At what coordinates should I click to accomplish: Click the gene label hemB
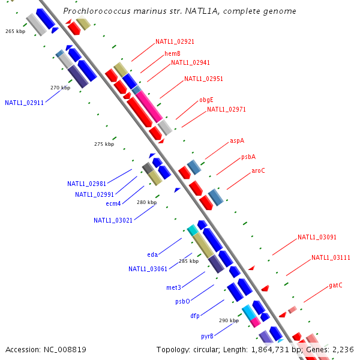(x=172, y=53)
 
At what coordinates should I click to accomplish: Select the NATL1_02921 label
(x=175, y=42)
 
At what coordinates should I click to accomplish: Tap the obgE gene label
(x=206, y=100)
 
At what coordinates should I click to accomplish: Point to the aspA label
(x=237, y=141)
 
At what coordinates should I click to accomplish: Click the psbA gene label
(x=248, y=157)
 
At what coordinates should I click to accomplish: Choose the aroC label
(x=258, y=170)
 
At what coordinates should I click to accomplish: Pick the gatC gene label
(x=335, y=285)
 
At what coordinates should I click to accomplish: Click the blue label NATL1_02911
(x=24, y=103)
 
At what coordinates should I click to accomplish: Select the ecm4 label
(x=113, y=203)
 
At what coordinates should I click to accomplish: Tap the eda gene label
(x=152, y=254)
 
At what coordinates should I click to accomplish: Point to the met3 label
(x=173, y=287)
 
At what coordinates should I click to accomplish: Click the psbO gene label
(x=182, y=301)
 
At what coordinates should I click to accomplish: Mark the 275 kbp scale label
(x=104, y=144)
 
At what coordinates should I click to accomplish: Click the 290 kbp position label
(x=229, y=321)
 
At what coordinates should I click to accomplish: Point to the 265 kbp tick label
(x=14, y=31)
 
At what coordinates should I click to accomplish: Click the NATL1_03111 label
(x=331, y=257)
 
